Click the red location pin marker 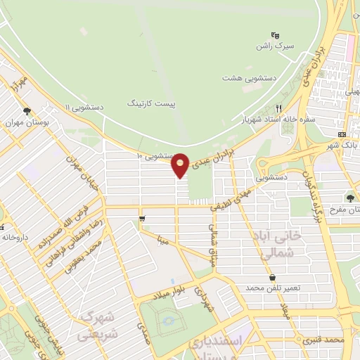tap(181, 165)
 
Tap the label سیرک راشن tap(274, 46)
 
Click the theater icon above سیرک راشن tap(274, 35)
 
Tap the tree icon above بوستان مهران tap(27, 111)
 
